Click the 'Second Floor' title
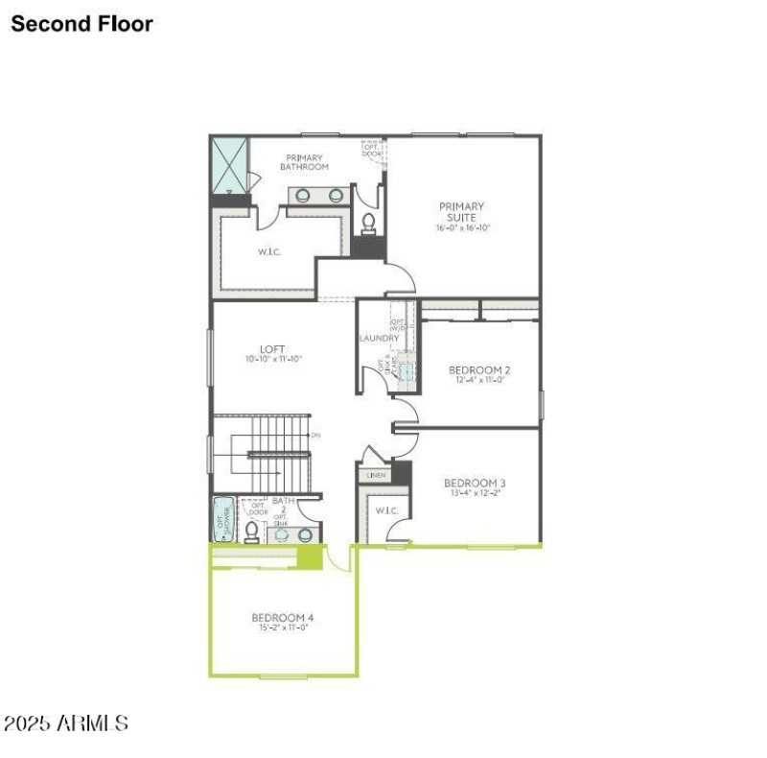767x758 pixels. [81, 24]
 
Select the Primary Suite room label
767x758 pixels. [461, 211]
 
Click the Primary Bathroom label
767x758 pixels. [304, 162]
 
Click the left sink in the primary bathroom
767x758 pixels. [303, 196]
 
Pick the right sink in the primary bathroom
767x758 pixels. [337, 196]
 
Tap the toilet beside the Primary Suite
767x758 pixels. [368, 224]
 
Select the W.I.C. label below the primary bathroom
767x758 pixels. [267, 252]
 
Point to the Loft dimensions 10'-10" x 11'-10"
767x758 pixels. [273, 360]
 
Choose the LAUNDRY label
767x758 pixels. [379, 338]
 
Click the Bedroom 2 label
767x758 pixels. [479, 369]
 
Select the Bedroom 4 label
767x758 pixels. [283, 617]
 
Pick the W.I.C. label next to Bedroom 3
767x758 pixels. [386, 510]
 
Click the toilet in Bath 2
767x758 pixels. [252, 532]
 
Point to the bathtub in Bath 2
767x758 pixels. [221, 520]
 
